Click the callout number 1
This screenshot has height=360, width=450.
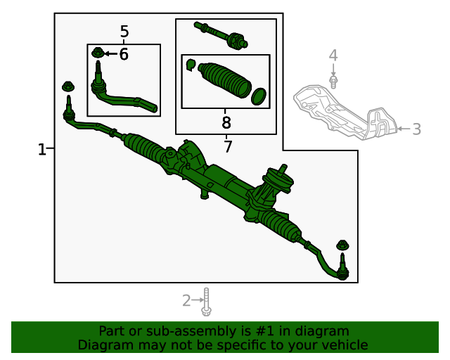coord(41,149)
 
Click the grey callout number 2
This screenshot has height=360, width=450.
coord(186,301)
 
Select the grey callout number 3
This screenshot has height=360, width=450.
coord(416,129)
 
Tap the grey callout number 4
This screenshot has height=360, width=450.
coord(333,56)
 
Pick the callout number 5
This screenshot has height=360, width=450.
coord(124,32)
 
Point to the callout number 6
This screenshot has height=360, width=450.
coord(124,54)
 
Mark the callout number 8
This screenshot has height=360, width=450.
coord(226,123)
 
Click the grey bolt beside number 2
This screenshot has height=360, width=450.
coord(206,301)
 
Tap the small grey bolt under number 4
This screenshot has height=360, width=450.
coord(333,81)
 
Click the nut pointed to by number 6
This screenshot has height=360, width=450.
coord(98,53)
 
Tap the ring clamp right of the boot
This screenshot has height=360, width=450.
coord(259,96)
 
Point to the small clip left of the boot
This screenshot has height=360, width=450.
coord(190,65)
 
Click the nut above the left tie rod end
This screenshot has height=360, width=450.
coord(68,87)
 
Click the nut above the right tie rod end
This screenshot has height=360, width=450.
coord(343,245)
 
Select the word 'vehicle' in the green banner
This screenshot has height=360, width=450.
coord(343,345)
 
